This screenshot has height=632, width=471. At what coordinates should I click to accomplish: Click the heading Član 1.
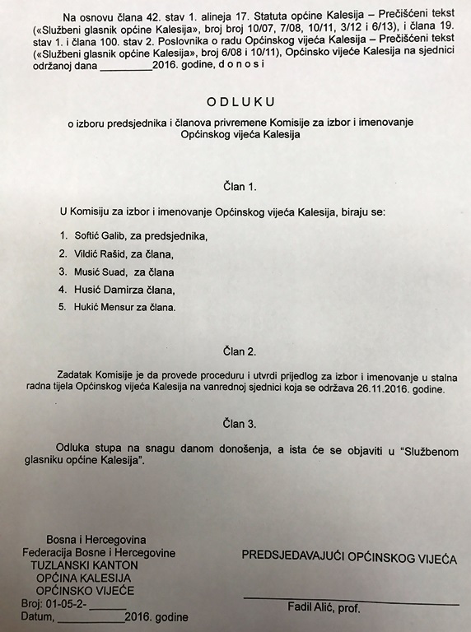point(235,186)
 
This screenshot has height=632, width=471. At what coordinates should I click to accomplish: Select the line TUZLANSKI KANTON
point(85,565)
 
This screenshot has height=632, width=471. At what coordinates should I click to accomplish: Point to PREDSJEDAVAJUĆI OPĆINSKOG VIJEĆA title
point(348,557)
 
